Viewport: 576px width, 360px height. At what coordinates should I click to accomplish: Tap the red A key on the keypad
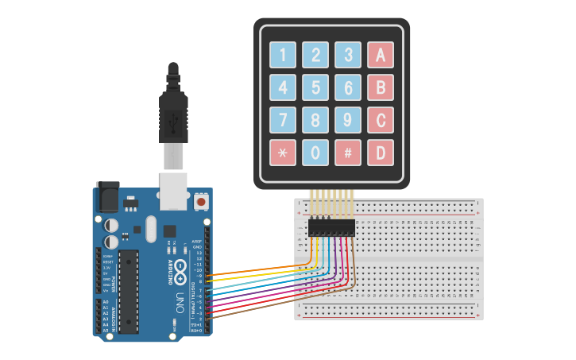pyautogui.click(x=380, y=55)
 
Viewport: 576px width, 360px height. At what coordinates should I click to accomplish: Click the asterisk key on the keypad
pyautogui.click(x=282, y=153)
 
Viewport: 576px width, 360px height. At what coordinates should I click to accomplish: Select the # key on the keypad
pyautogui.click(x=347, y=153)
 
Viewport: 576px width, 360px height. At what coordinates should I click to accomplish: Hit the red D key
pyautogui.click(x=380, y=153)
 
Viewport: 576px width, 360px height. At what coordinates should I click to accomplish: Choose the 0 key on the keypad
pyautogui.click(x=315, y=153)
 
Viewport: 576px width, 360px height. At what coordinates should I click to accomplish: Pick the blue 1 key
pyautogui.click(x=282, y=55)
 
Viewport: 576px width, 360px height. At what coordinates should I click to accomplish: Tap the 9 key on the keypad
pyautogui.click(x=347, y=120)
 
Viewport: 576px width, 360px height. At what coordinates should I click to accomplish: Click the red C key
pyautogui.click(x=380, y=120)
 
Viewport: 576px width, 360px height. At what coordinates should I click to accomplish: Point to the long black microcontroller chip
pyautogui.click(x=129, y=289)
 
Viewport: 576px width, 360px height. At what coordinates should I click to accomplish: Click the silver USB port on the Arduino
pyautogui.click(x=173, y=191)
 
